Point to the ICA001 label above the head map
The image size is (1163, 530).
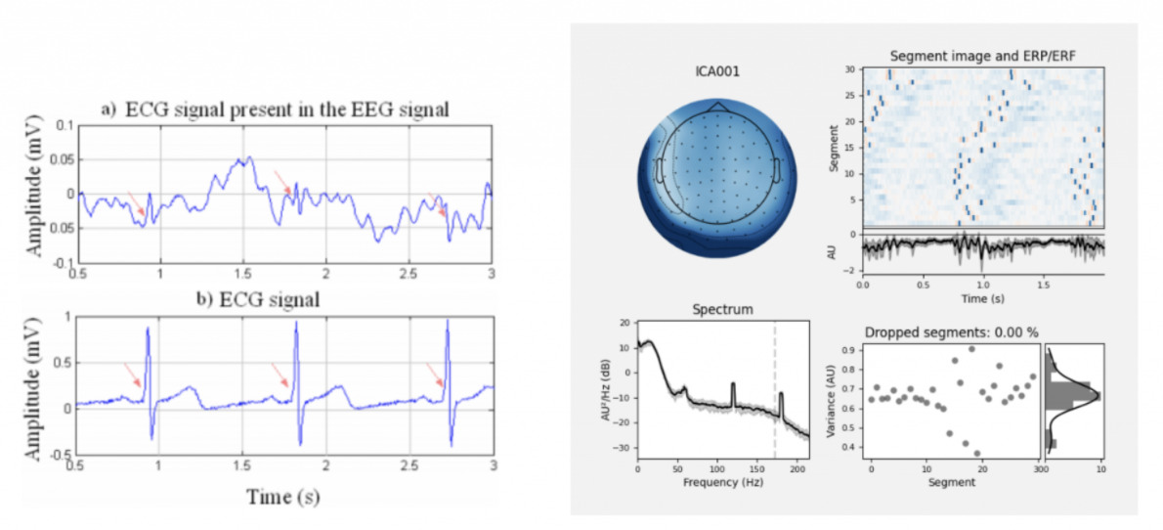coord(718,71)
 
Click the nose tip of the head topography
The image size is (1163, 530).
coord(718,101)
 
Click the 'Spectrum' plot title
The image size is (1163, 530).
coord(723,310)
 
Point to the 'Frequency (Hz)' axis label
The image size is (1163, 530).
coord(723,482)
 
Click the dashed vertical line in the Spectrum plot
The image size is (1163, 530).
coord(774,391)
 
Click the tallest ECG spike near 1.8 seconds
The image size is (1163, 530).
coord(295,331)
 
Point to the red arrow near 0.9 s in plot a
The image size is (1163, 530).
coord(136,204)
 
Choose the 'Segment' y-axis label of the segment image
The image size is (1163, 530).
coord(835,147)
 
